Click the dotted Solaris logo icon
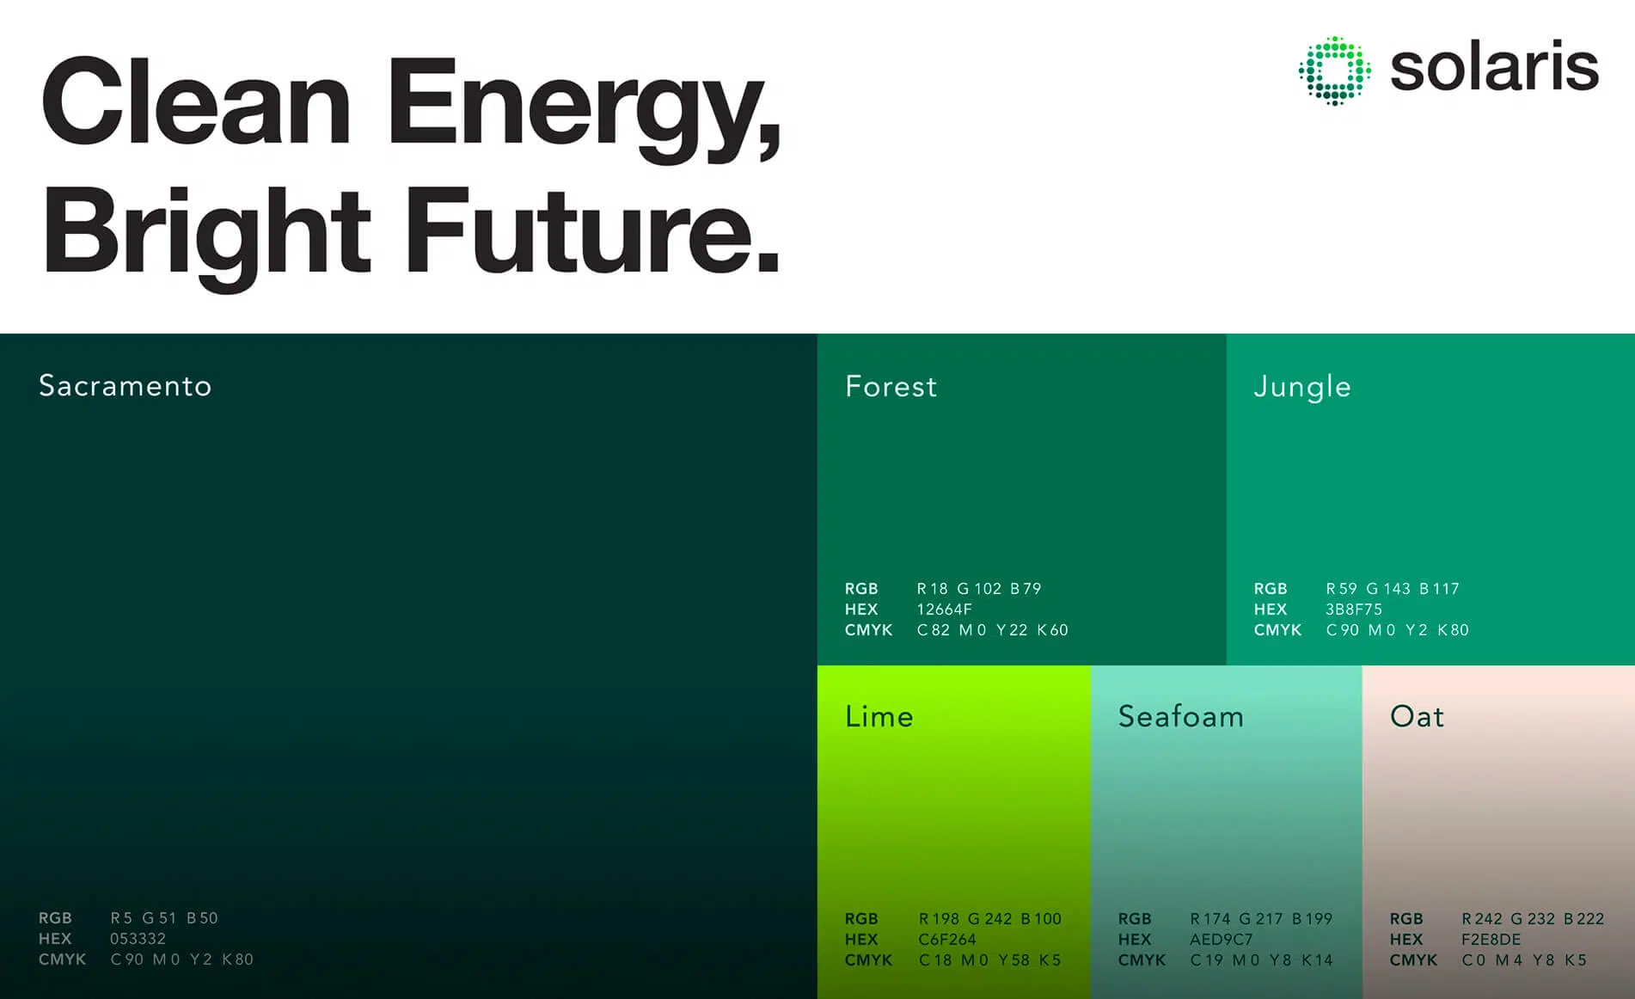[1334, 70]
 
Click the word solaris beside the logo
[1494, 68]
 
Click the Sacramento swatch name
[126, 386]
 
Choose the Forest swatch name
[891, 387]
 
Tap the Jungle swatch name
[1302, 387]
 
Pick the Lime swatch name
[879, 717]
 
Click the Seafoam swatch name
[1180, 717]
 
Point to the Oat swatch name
[1417, 717]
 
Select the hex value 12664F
[944, 610]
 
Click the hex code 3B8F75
[1354, 610]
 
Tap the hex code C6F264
[947, 940]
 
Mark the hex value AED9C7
[1221, 940]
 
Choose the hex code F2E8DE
[1491, 940]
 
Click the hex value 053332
[138, 939]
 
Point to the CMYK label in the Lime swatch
[868, 960]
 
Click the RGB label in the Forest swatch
[860, 589]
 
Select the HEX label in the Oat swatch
[1406, 940]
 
